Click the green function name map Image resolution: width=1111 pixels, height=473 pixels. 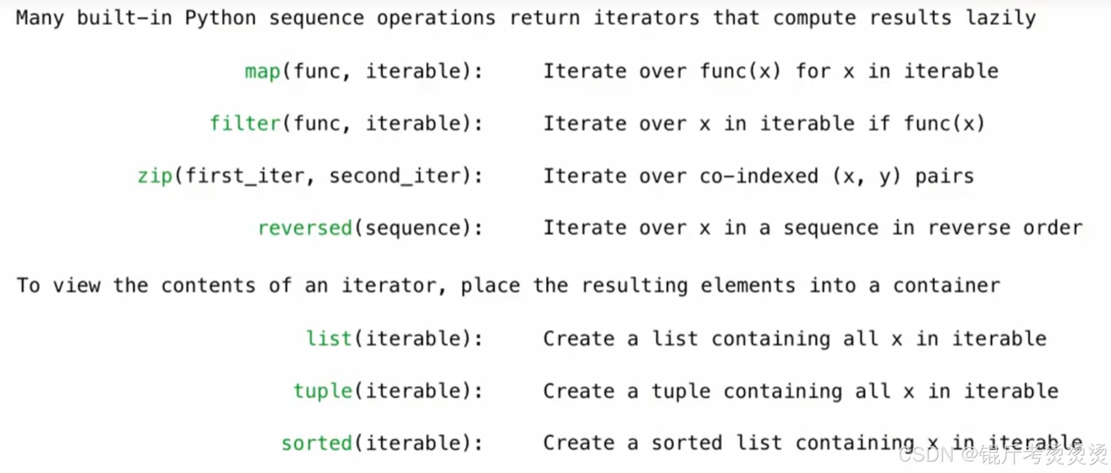point(262,71)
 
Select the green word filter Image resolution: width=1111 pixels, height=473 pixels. point(245,123)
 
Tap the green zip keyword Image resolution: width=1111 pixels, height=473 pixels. point(154,176)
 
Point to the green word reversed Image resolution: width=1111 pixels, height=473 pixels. point(305,228)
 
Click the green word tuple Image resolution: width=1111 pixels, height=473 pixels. point(323,391)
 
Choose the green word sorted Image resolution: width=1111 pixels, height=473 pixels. point(316,443)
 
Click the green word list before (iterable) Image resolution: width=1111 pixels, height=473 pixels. point(329,339)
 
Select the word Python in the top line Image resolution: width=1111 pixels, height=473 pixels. point(220,18)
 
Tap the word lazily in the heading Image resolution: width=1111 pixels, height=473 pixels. point(1001,18)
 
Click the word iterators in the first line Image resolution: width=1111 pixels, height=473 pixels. point(646,18)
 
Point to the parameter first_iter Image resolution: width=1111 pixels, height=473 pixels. point(245,176)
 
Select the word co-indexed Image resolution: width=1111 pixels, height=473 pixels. point(758,176)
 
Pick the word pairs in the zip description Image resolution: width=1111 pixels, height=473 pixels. point(944,176)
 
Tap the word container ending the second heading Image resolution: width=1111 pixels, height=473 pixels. point(946,286)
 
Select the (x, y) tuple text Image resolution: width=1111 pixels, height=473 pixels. point(866,176)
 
